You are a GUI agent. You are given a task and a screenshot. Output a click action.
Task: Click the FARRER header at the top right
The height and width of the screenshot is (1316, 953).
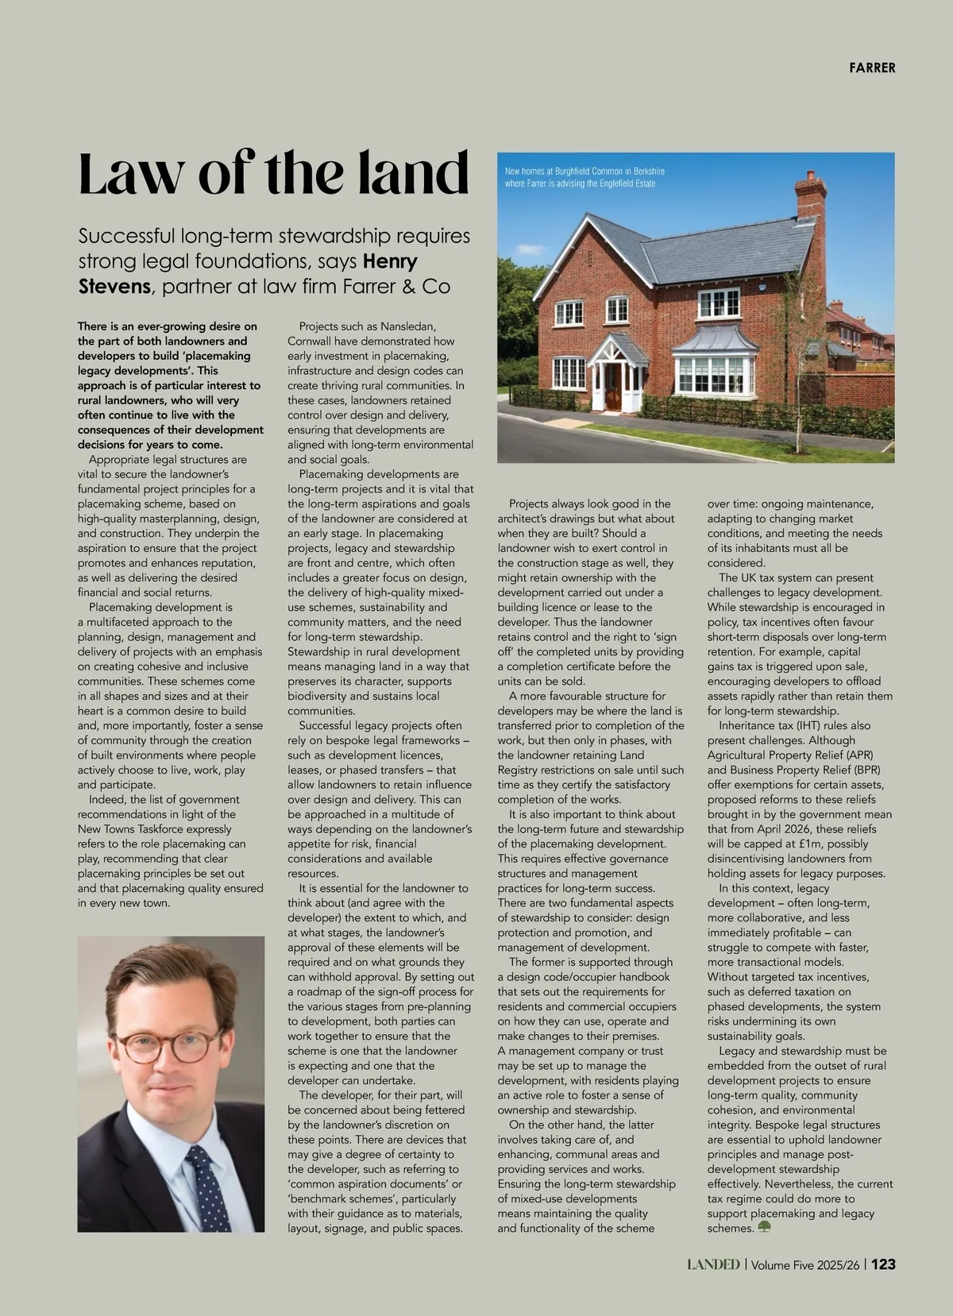[x=871, y=68]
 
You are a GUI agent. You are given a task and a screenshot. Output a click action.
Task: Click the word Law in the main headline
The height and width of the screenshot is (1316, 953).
[x=127, y=175]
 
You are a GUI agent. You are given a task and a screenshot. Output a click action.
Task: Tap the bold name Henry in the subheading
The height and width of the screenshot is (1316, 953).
[x=390, y=261]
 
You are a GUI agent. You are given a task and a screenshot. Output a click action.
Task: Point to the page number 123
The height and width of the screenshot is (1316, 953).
[x=884, y=1264]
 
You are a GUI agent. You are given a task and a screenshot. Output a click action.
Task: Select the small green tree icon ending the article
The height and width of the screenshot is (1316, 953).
[x=765, y=1228]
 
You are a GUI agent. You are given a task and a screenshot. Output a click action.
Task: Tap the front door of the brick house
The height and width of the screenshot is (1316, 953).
[x=612, y=390]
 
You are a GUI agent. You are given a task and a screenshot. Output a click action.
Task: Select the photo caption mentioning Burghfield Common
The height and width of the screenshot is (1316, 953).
[x=585, y=177]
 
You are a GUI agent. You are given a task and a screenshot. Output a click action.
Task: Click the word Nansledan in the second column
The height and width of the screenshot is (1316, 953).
[x=407, y=326]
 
